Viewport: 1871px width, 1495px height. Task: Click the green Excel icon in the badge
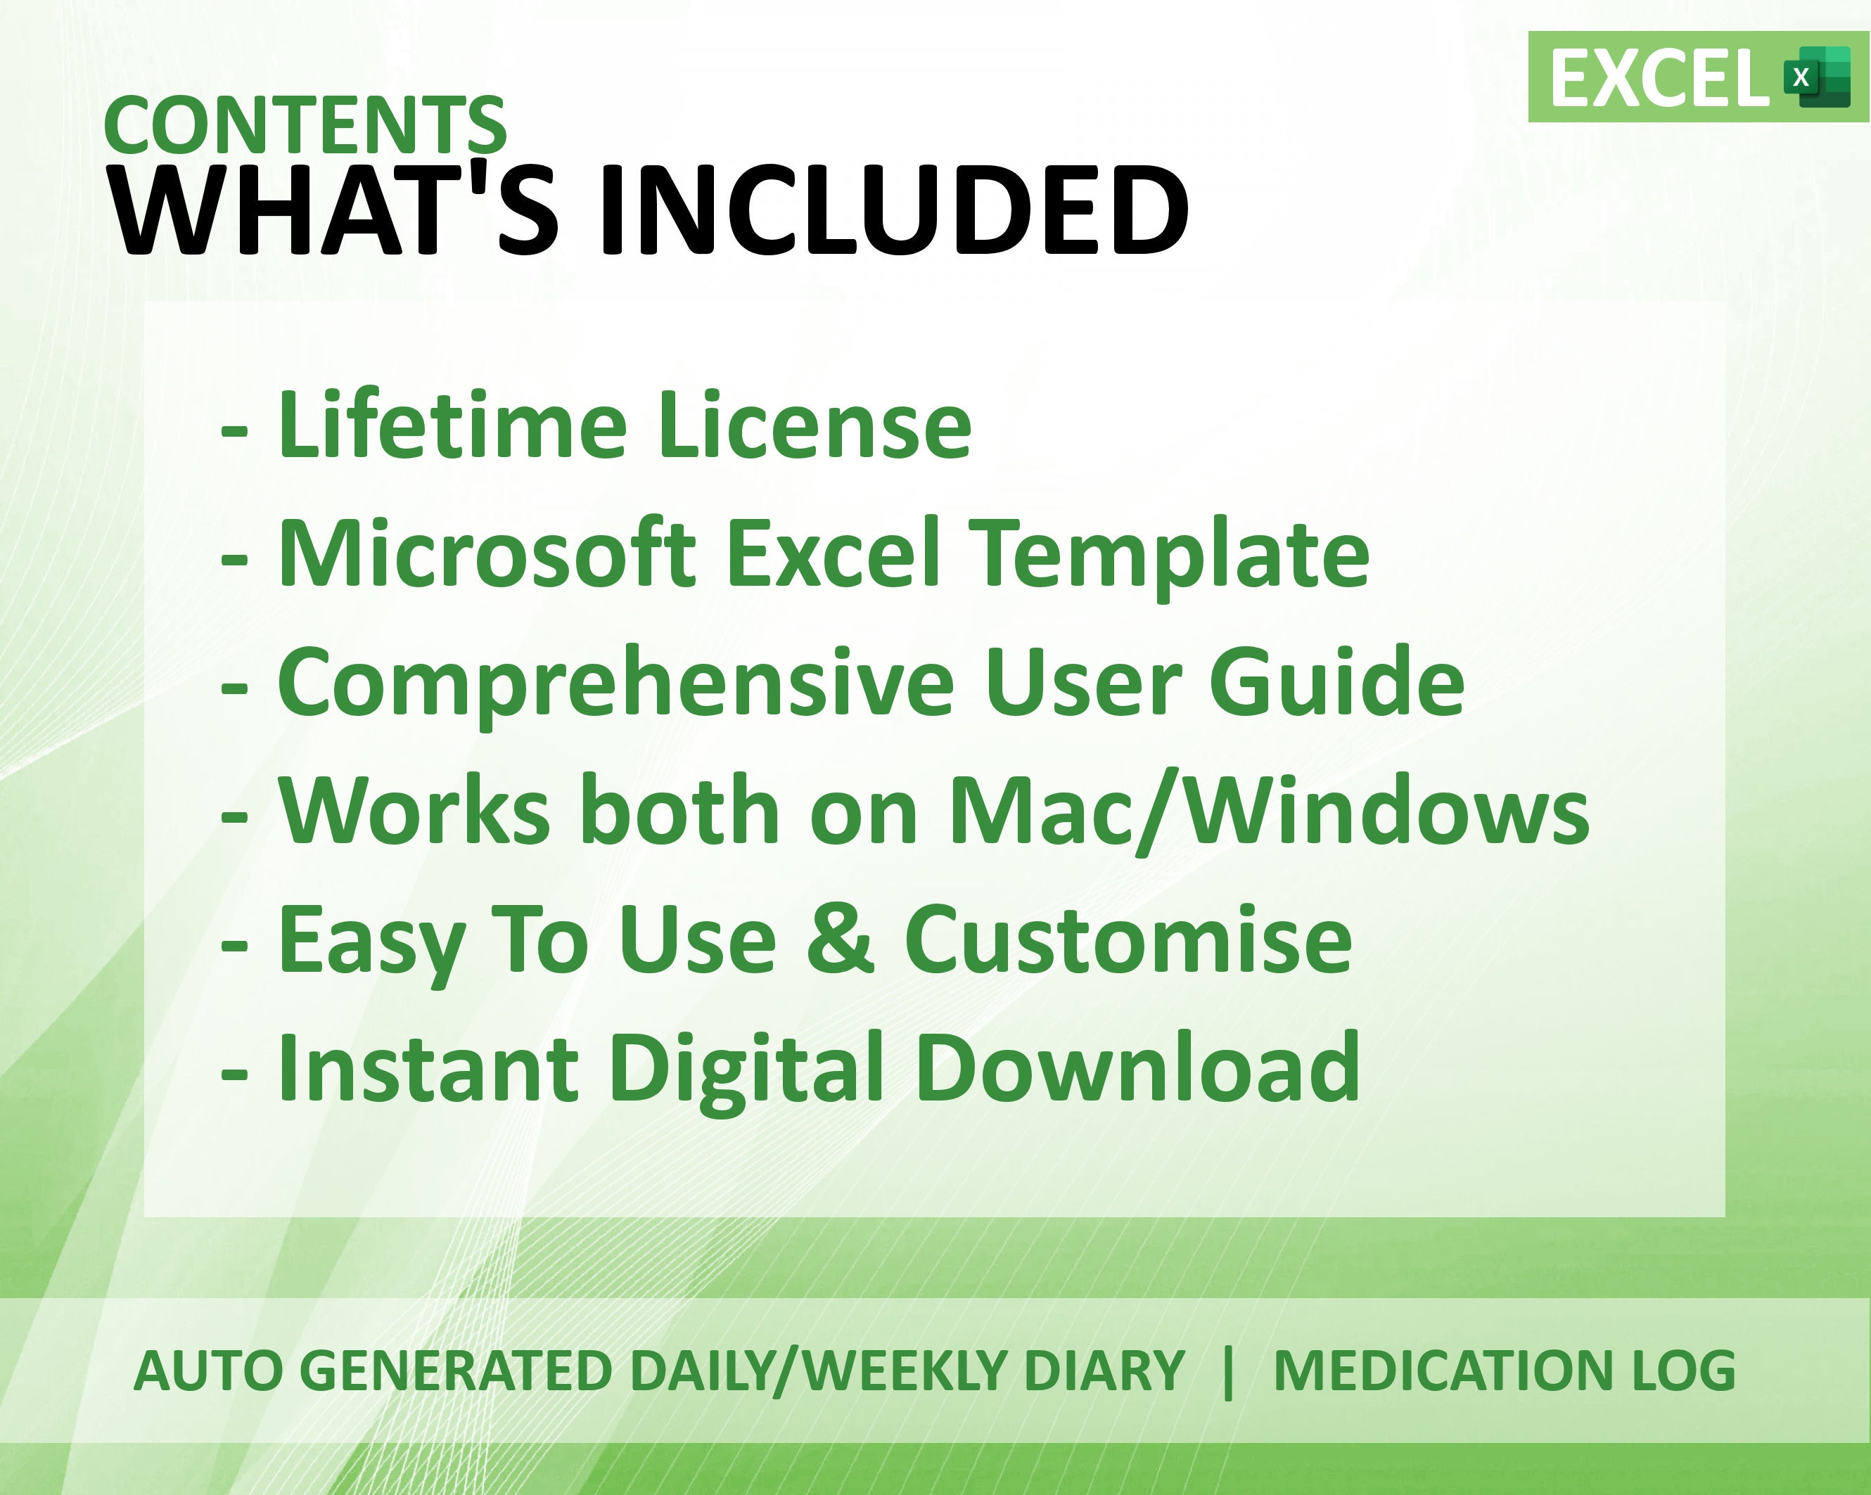coord(1816,77)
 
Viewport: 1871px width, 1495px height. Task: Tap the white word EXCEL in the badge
coord(1659,79)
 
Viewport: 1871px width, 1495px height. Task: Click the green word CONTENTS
coord(305,125)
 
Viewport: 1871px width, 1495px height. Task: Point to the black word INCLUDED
coord(895,211)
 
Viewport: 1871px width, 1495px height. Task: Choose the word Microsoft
coord(487,553)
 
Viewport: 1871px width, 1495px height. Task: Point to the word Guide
coord(1336,681)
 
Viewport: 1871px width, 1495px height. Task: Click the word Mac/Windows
coord(1269,810)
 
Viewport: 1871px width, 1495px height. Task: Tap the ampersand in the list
coord(840,939)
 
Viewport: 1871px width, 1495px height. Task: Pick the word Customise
coord(1128,939)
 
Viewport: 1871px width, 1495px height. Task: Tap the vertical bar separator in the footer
coord(1228,1372)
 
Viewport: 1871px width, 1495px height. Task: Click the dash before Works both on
coord(234,817)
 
